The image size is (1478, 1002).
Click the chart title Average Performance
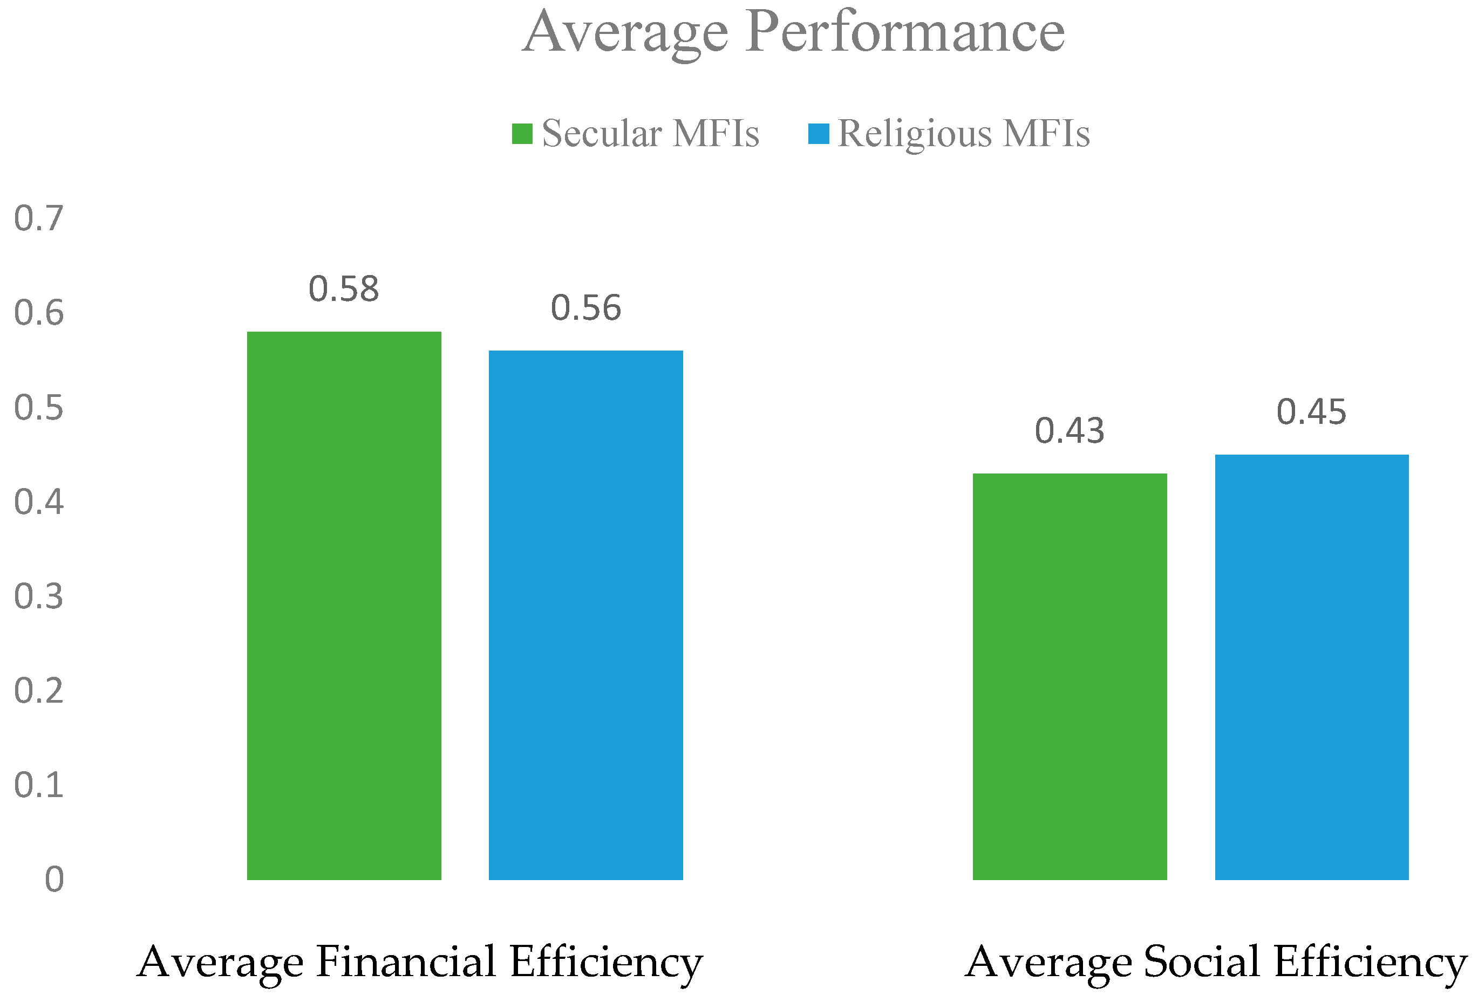tap(793, 33)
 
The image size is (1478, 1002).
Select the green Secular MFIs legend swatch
tap(522, 134)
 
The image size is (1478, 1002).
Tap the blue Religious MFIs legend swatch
tap(819, 134)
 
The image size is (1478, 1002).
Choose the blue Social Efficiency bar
tap(1311, 667)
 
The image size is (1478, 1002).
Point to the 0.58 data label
tap(344, 289)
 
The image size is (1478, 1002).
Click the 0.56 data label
tap(585, 308)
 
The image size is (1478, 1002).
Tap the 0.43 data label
tap(1070, 431)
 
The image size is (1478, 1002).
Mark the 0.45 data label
tap(1311, 412)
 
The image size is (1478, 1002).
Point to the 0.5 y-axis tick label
tap(39, 408)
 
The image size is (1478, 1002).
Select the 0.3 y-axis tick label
tap(39, 596)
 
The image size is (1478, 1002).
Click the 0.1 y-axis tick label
tap(39, 785)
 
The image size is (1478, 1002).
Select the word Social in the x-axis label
tap(1202, 962)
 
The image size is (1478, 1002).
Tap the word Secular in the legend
tap(602, 134)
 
